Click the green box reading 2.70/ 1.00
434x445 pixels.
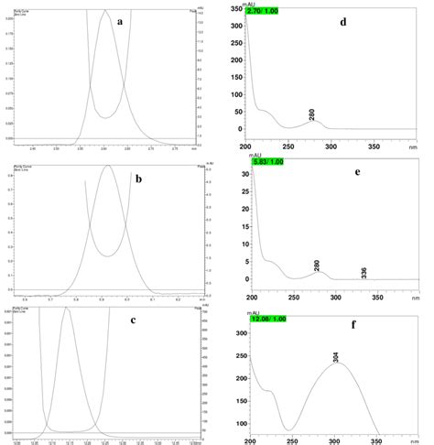pyautogui.click(x=267, y=11)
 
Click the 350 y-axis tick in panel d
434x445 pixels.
pyautogui.click(x=236, y=10)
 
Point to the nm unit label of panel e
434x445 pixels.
pyautogui.click(x=417, y=298)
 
